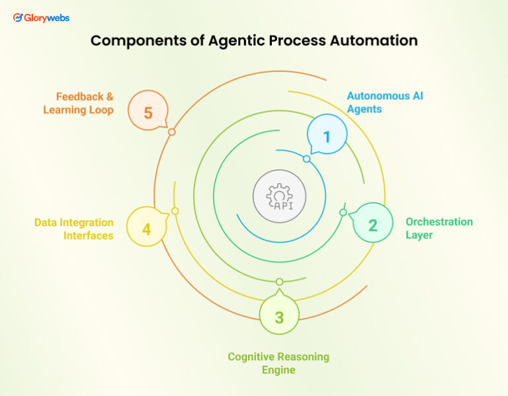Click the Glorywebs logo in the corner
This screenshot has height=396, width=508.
pyautogui.click(x=41, y=18)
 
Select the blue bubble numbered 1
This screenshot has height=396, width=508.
pyautogui.click(x=326, y=137)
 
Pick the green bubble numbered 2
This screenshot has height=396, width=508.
pyautogui.click(x=372, y=225)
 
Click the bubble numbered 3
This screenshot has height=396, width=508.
pyautogui.click(x=279, y=317)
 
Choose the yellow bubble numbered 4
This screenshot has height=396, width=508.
pyautogui.click(x=146, y=229)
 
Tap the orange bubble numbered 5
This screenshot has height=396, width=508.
pyautogui.click(x=148, y=112)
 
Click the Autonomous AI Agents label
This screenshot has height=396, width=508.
pyautogui.click(x=384, y=102)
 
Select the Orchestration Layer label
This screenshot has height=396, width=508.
pyautogui.click(x=439, y=228)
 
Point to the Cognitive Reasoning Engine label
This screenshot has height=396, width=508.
pyautogui.click(x=278, y=363)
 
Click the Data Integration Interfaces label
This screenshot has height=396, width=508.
pyautogui.click(x=74, y=229)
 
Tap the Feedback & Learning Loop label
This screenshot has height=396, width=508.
pyautogui.click(x=78, y=104)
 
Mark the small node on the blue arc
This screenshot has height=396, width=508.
pyautogui.click(x=306, y=159)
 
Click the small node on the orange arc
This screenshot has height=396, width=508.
pyautogui.click(x=171, y=132)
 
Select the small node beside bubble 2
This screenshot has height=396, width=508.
pyautogui.click(x=343, y=212)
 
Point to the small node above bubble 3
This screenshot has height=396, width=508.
pyautogui.click(x=279, y=282)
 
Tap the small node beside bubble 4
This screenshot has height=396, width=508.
pyautogui.click(x=175, y=211)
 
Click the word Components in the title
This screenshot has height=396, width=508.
pyautogui.click(x=132, y=40)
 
